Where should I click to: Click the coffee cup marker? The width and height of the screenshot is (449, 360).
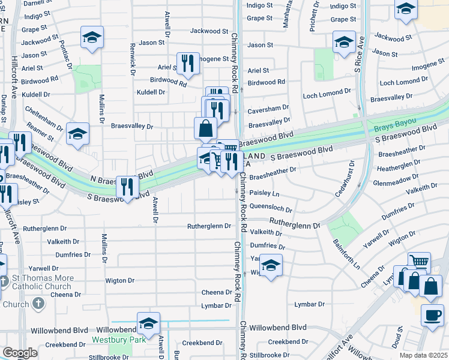click(432, 315)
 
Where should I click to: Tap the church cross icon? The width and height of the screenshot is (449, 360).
click(37, 304)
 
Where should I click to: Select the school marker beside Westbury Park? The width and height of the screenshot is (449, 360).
click(148, 323)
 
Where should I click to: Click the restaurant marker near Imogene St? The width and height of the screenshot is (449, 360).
click(188, 63)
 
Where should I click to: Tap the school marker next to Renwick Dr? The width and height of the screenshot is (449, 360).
click(92, 37)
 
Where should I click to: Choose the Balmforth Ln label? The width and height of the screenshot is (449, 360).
click(347, 253)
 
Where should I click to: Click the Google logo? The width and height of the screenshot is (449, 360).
click(20, 353)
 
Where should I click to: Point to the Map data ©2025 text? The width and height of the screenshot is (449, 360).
click(424, 355)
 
